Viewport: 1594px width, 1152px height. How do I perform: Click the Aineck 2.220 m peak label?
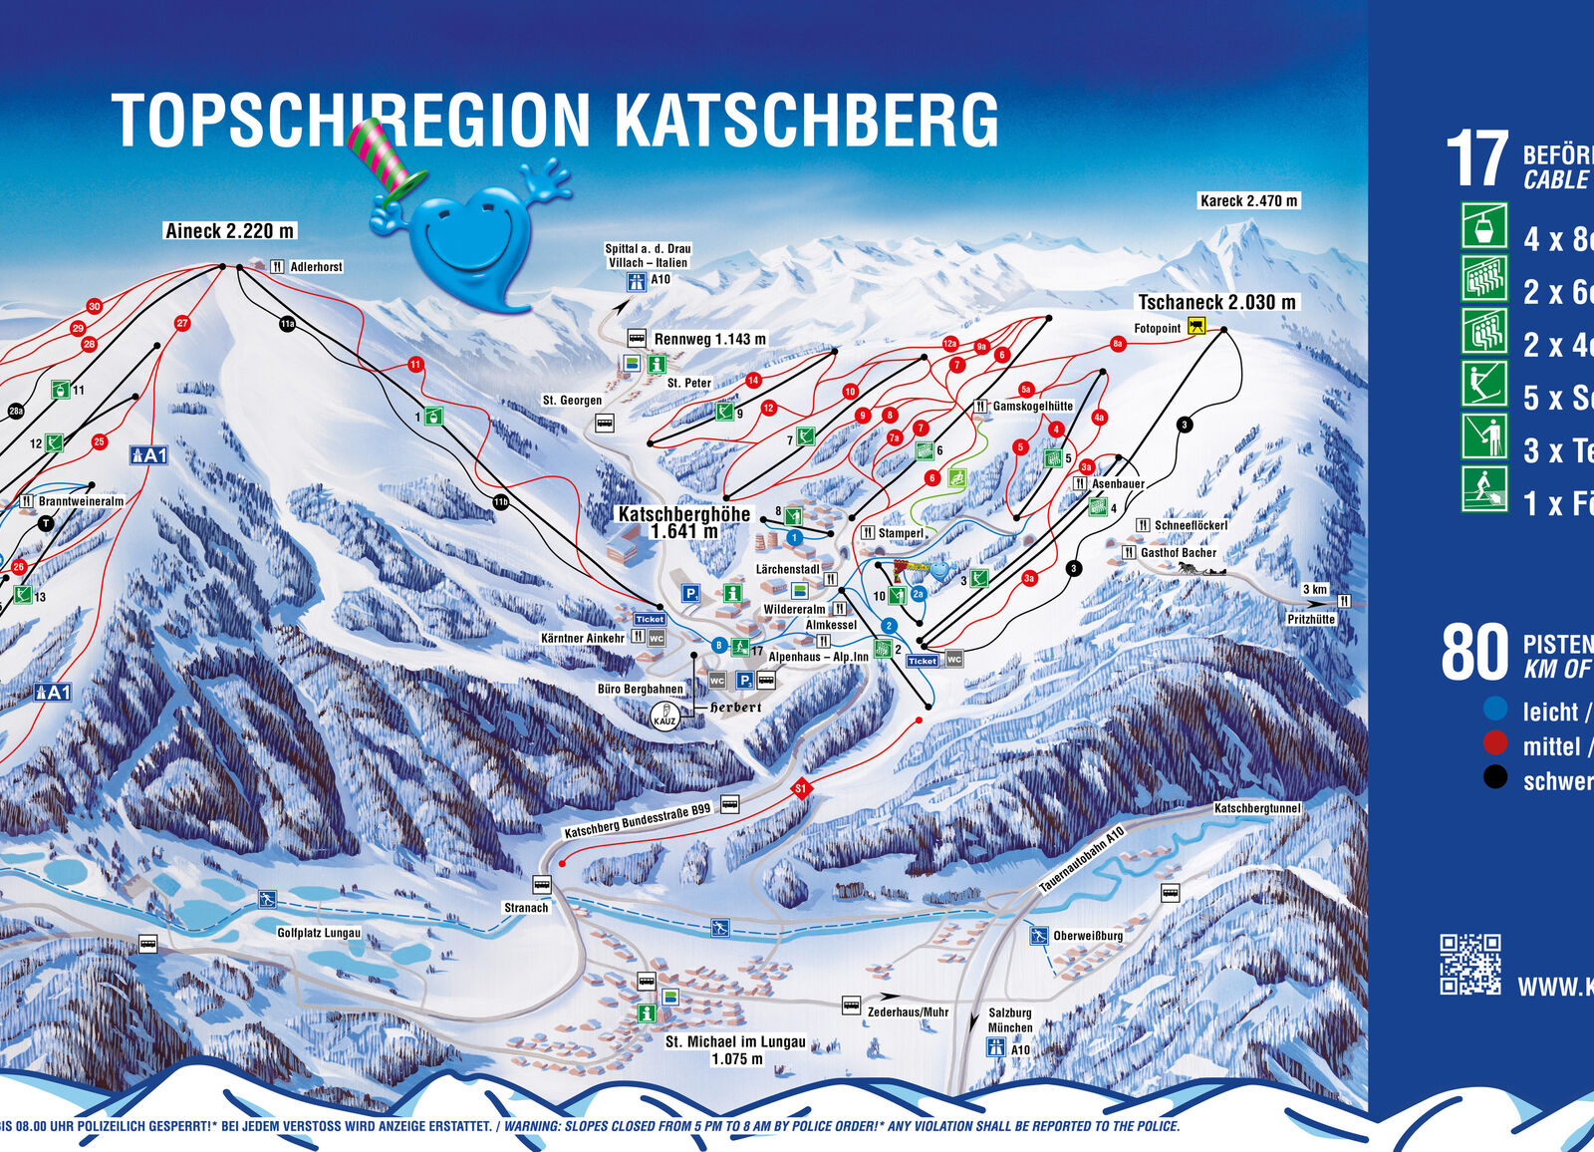point(229,231)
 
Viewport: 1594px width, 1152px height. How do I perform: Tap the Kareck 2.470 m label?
point(1248,200)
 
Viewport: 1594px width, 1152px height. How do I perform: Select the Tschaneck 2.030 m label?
point(1216,302)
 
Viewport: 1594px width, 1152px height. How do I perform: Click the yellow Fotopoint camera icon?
point(1196,326)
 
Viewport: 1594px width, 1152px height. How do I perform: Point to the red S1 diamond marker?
point(800,789)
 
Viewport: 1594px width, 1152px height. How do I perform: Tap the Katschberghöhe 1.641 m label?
point(683,522)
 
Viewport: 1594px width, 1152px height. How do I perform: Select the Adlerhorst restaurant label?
point(315,267)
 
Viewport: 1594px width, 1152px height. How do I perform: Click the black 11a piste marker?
point(287,323)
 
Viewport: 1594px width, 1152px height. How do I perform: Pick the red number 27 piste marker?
point(182,323)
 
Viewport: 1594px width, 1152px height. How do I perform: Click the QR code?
point(1469,964)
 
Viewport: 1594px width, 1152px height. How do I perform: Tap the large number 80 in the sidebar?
point(1475,654)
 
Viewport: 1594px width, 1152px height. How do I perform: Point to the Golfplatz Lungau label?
point(319,933)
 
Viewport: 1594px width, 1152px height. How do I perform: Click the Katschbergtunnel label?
point(1256,808)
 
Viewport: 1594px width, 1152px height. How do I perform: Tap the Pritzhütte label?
point(1310,619)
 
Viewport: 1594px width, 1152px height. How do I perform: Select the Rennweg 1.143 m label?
point(709,339)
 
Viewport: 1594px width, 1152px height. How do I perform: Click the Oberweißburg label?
point(1087,936)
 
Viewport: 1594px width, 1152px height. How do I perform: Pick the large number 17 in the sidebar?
point(1476,159)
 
